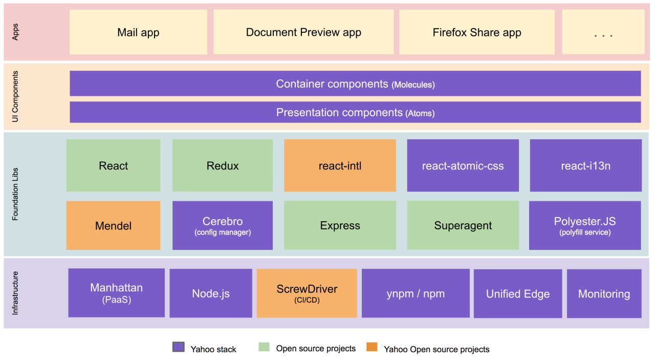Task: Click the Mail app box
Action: pos(138,32)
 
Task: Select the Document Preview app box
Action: pos(303,32)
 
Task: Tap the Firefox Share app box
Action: pos(477,32)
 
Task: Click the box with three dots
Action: pos(603,32)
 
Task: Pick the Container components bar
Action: pos(355,83)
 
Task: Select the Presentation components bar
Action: pos(355,112)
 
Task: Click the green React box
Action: pos(113,165)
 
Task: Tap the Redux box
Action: pos(223,165)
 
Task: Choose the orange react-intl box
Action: pos(340,165)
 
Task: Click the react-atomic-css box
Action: pos(463,165)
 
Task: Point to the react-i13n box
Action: pos(586,165)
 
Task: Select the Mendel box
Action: pos(113,225)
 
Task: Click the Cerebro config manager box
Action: pos(223,225)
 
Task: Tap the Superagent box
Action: pos(463,225)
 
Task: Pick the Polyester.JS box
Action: pos(585,225)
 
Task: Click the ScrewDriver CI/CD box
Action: pos(307,293)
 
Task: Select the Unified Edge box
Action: pos(518,293)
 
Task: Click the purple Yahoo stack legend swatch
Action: pos(179,347)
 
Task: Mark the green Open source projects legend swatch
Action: pos(264,347)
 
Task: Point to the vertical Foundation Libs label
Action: pos(15,194)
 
